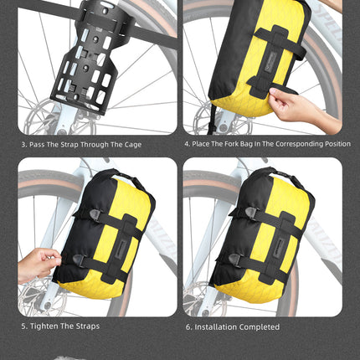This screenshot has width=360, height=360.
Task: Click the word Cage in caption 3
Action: pyautogui.click(x=130, y=143)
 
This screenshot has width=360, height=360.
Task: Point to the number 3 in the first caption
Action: pyautogui.click(x=23, y=143)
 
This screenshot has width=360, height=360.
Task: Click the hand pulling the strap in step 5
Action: pyautogui.click(x=37, y=264)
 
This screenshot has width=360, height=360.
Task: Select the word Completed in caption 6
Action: pyautogui.click(x=260, y=327)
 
